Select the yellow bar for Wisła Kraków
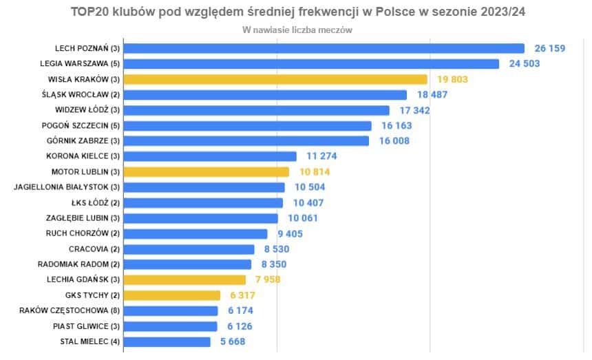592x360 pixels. (x=276, y=79)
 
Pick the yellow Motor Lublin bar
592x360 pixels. (x=207, y=171)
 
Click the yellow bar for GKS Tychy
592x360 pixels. (x=173, y=295)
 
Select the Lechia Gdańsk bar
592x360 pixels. (x=185, y=279)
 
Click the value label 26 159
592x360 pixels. (x=556, y=48)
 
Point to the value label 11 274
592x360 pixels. (x=321, y=156)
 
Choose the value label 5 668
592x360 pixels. (x=231, y=341)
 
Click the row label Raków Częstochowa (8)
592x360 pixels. (x=70, y=310)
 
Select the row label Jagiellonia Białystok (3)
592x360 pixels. (x=67, y=187)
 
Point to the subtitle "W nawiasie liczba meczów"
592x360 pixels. (x=297, y=30)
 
